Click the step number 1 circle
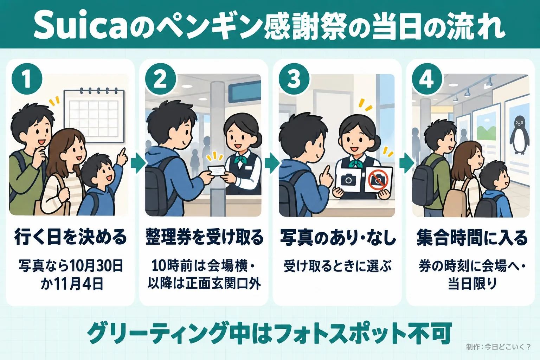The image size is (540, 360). (x=27, y=79)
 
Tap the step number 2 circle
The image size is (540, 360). (x=160, y=79)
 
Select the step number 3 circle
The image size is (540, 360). (x=294, y=79)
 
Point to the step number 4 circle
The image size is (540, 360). (x=427, y=79)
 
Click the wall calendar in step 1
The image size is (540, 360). (x=94, y=116)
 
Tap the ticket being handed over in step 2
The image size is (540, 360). (x=216, y=171)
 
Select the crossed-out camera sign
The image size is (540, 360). (x=378, y=180)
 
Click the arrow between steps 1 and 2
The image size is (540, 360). (x=138, y=163)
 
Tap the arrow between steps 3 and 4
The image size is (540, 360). (x=407, y=163)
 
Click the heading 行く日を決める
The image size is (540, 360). (x=70, y=238)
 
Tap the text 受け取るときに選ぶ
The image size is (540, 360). (x=337, y=266)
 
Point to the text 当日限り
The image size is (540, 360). (x=472, y=284)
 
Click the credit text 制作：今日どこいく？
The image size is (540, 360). (x=498, y=347)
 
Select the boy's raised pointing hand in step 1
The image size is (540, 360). (x=123, y=155)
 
